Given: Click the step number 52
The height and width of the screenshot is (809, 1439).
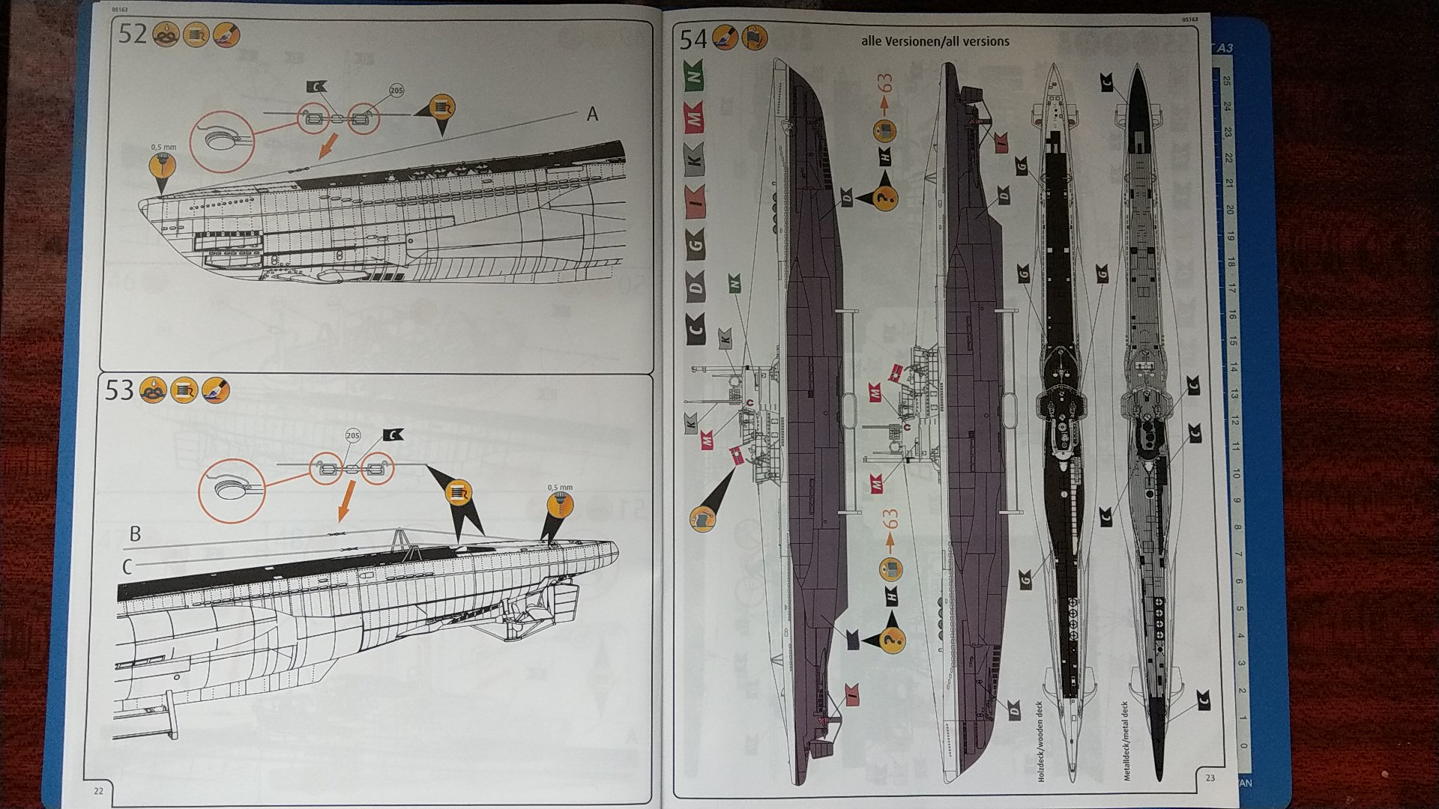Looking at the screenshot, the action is tap(133, 35).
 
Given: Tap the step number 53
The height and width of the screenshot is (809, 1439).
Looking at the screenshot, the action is tap(119, 390).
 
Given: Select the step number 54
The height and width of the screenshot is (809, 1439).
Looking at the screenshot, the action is tap(693, 39).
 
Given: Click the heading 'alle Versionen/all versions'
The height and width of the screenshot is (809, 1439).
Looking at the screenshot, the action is tap(935, 41).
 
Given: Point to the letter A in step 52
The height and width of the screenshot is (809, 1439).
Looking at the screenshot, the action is tap(592, 115).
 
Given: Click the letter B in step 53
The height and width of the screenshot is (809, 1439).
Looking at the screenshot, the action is tap(135, 534).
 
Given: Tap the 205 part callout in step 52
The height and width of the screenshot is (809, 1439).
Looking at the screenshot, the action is tap(396, 91).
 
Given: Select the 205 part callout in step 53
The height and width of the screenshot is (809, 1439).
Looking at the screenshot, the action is tap(352, 436).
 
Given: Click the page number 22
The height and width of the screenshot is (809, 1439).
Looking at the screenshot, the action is tap(98, 791).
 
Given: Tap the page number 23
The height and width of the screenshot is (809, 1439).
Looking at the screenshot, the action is tap(1210, 778).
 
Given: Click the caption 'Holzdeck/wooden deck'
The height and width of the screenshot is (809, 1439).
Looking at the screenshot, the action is tap(1040, 742).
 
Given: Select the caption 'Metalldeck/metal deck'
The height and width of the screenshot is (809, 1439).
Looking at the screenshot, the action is tap(1125, 742).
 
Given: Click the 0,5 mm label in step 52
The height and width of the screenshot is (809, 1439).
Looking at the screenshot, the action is tap(163, 148).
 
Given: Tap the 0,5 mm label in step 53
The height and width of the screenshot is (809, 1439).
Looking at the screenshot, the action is tap(560, 488).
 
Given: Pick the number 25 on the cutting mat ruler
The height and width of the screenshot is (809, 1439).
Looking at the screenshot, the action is tap(1226, 81).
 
